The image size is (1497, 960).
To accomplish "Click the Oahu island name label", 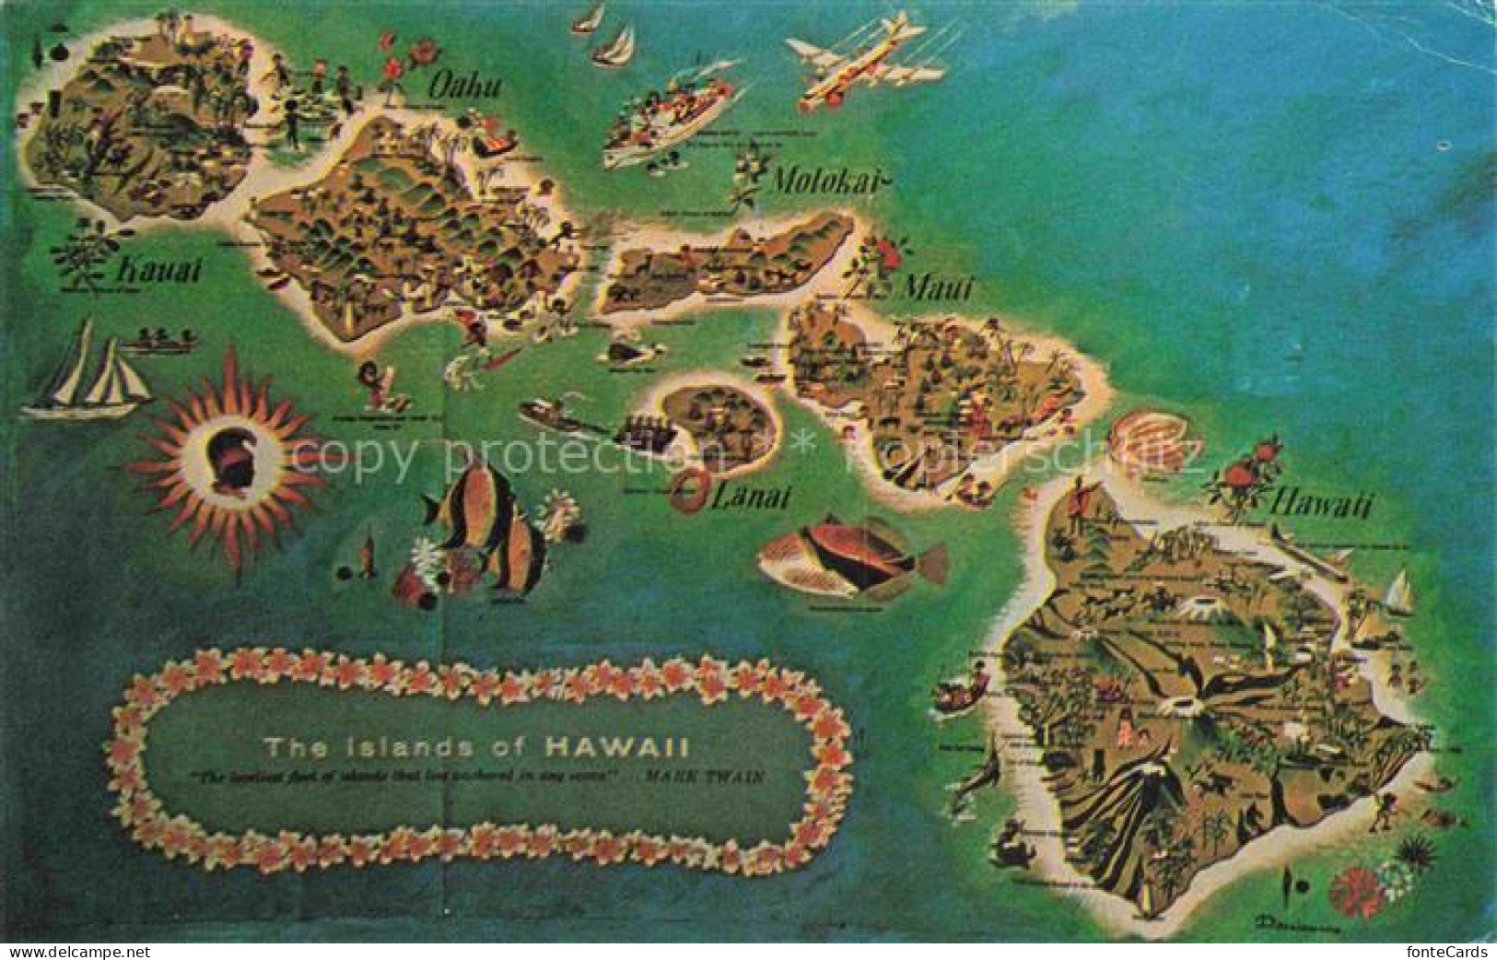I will (464, 88).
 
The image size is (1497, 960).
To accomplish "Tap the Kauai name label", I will (159, 271).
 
